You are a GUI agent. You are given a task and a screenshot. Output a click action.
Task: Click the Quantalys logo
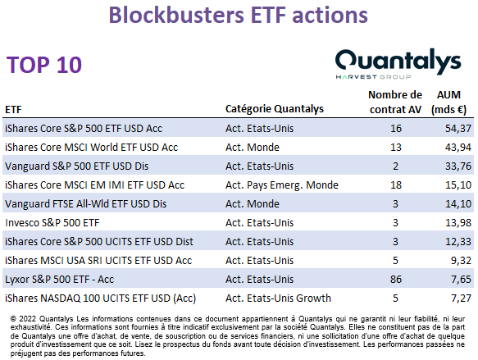[398, 64]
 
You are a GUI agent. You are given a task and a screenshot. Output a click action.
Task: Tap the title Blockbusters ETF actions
[238, 15]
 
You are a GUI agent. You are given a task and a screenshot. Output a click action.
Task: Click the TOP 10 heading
[44, 65]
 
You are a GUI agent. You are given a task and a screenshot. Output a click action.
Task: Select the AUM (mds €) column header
[448, 103]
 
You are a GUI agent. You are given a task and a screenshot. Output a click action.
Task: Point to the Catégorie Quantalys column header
[275, 109]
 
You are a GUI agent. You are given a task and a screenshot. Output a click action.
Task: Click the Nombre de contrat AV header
[395, 103]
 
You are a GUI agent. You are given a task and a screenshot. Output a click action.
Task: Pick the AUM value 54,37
[458, 128]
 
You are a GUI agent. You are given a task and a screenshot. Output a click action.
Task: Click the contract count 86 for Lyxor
[396, 279]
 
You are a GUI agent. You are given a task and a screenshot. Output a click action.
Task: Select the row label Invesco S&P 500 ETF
[52, 223]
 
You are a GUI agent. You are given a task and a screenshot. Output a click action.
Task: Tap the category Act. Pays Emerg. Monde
[282, 185]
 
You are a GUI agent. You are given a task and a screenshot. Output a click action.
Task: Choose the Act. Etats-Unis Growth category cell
[278, 298]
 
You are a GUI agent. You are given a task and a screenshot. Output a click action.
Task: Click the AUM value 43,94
[458, 148]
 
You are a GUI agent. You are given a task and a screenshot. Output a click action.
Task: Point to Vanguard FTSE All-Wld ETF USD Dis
[85, 204]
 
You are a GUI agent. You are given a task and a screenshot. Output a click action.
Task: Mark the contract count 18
[396, 185]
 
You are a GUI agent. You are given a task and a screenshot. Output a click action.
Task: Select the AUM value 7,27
[461, 298]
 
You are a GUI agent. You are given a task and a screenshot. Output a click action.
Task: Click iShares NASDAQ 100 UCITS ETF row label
[100, 298]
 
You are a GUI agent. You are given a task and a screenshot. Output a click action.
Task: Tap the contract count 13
[396, 148]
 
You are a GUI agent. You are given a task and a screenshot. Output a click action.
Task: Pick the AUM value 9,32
[461, 260]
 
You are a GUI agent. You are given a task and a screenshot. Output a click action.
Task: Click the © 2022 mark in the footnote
[23, 319]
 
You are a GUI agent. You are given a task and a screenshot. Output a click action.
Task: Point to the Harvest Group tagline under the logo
[373, 77]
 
